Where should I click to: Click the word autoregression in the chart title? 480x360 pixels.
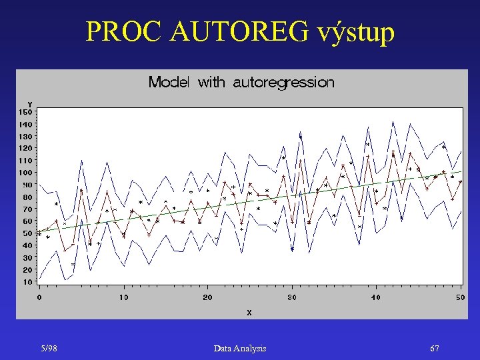click(x=283, y=83)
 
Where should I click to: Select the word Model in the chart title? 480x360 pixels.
click(x=169, y=83)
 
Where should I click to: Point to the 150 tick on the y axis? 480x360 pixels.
click(x=25, y=111)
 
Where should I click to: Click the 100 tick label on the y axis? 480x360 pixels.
click(x=25, y=173)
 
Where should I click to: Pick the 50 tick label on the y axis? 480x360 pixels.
click(x=27, y=233)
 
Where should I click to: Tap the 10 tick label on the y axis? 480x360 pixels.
click(x=27, y=282)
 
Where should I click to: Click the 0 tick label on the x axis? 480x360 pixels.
click(x=39, y=297)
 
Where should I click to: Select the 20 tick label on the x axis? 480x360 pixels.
click(x=207, y=297)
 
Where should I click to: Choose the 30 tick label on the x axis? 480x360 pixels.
click(x=292, y=297)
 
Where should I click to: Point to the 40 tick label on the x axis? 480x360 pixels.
click(x=376, y=297)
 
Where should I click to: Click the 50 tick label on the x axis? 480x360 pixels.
click(x=460, y=297)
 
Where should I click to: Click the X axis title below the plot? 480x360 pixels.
click(x=249, y=312)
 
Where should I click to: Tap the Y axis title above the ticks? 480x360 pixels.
click(x=29, y=104)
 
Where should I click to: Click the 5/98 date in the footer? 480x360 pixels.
click(x=48, y=349)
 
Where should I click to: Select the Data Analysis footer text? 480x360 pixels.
click(x=240, y=349)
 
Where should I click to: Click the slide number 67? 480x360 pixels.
click(x=435, y=349)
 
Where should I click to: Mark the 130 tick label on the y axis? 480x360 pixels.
click(x=25, y=136)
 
